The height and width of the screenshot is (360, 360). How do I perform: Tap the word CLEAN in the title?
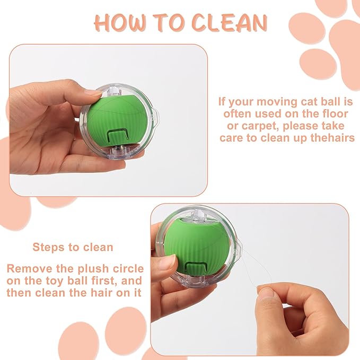tap(230, 23)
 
